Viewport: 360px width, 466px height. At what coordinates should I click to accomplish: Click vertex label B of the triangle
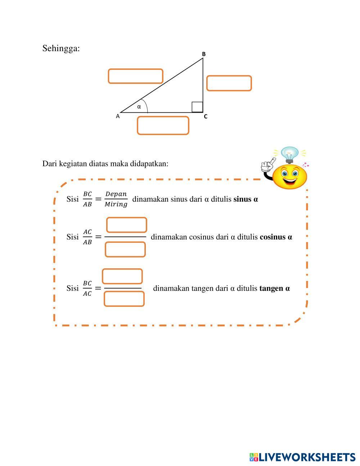pyautogui.click(x=203, y=54)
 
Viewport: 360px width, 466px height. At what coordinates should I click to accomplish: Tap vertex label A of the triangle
pyautogui.click(x=118, y=116)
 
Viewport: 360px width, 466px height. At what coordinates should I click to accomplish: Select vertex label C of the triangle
pyautogui.click(x=206, y=117)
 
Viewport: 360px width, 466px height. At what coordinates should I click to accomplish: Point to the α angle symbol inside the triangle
pyautogui.click(x=139, y=107)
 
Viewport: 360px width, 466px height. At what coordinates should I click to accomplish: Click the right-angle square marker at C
pyautogui.click(x=197, y=107)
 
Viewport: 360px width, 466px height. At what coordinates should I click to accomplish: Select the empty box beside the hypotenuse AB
pyautogui.click(x=135, y=76)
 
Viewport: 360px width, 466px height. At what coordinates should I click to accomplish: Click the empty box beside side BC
pyautogui.click(x=229, y=83)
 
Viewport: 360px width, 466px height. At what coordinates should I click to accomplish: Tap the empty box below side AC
pyautogui.click(x=163, y=126)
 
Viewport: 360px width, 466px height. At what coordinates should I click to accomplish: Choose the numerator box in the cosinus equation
pyautogui.click(x=127, y=225)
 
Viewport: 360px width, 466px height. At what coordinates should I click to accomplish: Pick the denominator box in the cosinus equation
pyautogui.click(x=125, y=249)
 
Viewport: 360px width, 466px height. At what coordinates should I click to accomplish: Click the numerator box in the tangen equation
pyautogui.click(x=122, y=276)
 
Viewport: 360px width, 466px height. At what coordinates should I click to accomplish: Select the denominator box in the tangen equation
pyautogui.click(x=124, y=299)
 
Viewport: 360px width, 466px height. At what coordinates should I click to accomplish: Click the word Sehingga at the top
pyautogui.click(x=61, y=48)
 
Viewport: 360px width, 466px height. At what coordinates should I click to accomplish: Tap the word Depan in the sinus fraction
pyautogui.click(x=116, y=194)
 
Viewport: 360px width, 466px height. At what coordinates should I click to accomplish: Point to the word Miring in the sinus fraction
pyautogui.click(x=116, y=204)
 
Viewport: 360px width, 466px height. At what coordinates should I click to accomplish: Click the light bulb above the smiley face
pyautogui.click(x=289, y=154)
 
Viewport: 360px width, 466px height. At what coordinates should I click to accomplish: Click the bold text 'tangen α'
pyautogui.click(x=274, y=288)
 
